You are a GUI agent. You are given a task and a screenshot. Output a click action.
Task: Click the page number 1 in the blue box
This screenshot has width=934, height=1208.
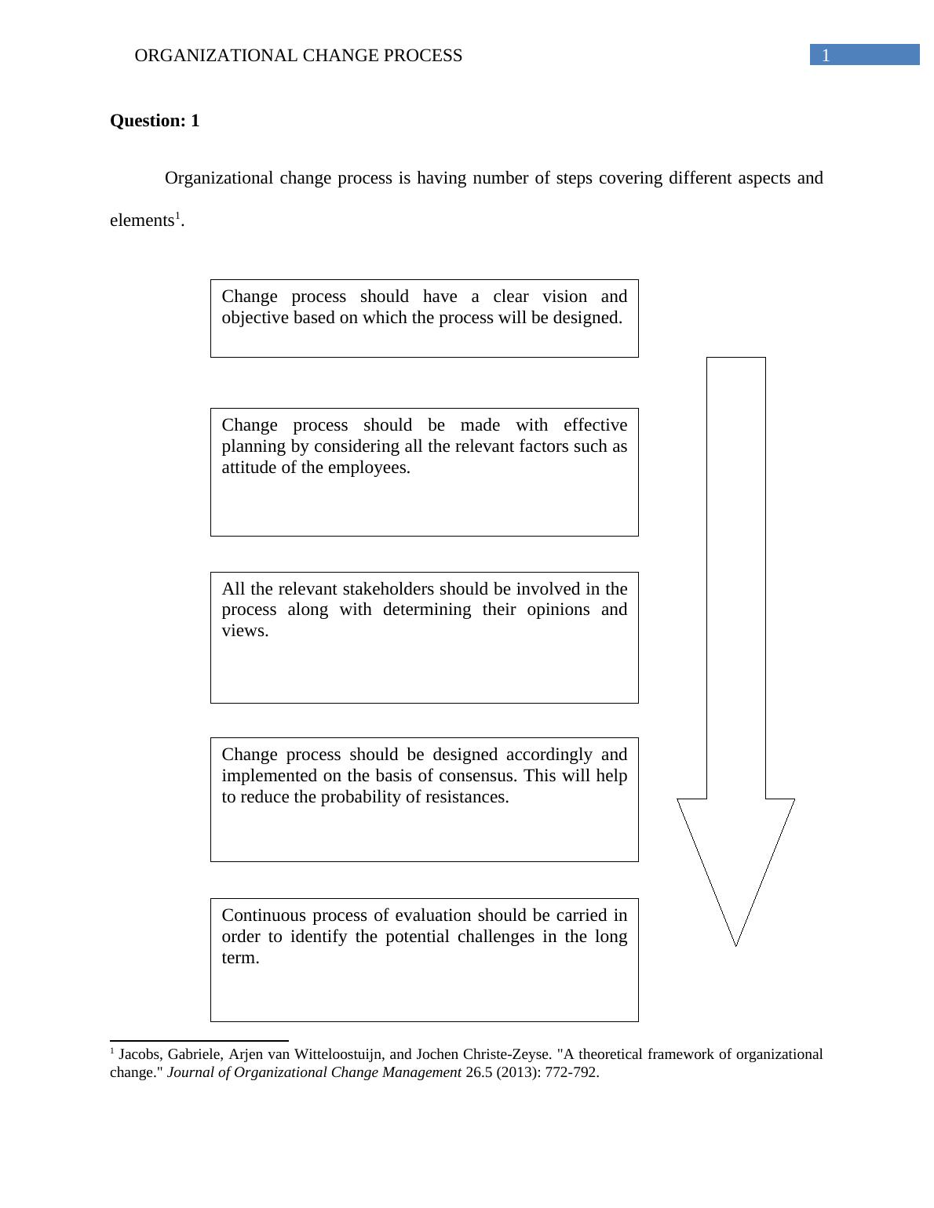tap(826, 56)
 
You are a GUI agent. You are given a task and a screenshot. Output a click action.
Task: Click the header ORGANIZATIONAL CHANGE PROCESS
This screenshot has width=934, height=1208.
tap(298, 56)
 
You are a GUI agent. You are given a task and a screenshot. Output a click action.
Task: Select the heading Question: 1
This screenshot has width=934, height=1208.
tap(155, 121)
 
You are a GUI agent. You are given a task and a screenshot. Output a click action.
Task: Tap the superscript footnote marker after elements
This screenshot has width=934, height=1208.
tap(177, 216)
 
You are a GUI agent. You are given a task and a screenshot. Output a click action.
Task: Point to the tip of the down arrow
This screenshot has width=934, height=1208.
tap(735, 943)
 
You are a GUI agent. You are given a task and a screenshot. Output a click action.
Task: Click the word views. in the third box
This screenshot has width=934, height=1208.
tap(245, 631)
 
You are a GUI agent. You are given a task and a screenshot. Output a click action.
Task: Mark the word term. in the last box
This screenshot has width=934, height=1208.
tap(240, 958)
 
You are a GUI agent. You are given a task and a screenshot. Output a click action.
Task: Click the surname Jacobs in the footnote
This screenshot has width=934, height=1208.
tap(138, 1054)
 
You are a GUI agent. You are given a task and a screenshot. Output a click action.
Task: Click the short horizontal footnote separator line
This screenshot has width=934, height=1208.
tap(199, 1041)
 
